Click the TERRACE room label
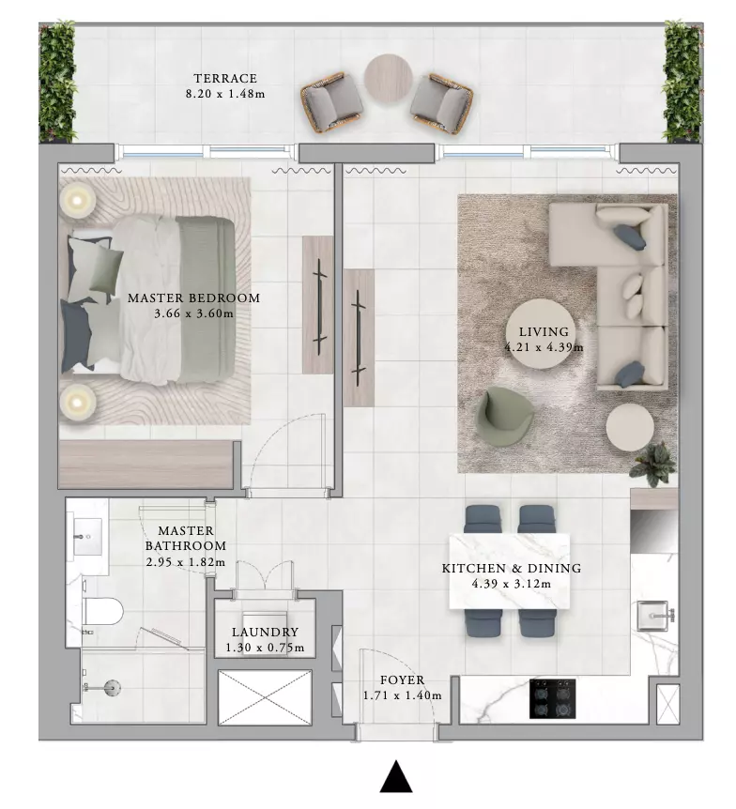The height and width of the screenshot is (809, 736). click(225, 79)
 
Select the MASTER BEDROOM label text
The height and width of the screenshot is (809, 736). click(193, 298)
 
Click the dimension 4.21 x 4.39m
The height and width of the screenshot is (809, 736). click(544, 347)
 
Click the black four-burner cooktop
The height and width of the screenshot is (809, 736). click(552, 699)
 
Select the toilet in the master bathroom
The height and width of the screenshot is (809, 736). click(102, 611)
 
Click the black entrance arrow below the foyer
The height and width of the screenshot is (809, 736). click(396, 775)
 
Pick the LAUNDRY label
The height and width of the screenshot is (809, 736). click(265, 632)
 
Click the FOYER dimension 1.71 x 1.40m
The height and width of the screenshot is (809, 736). click(402, 695)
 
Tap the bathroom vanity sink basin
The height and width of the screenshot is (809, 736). click(87, 537)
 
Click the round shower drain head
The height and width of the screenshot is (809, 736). click(112, 687)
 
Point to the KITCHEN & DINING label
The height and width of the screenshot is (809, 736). click(512, 569)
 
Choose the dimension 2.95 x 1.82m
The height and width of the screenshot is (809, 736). click(186, 562)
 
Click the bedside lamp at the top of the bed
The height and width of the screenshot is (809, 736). click(77, 201)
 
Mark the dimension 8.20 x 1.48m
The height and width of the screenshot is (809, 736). click(225, 94)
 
